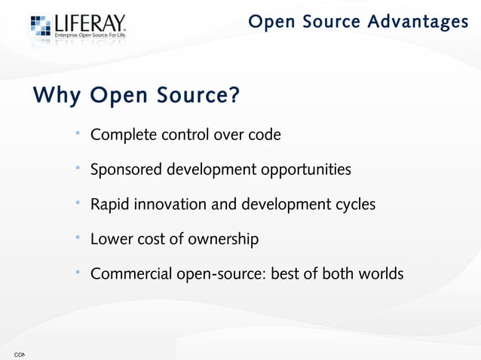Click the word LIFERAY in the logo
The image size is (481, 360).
(89, 25)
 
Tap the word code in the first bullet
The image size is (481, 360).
(265, 136)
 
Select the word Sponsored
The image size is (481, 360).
(126, 169)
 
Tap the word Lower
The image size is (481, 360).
(111, 239)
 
